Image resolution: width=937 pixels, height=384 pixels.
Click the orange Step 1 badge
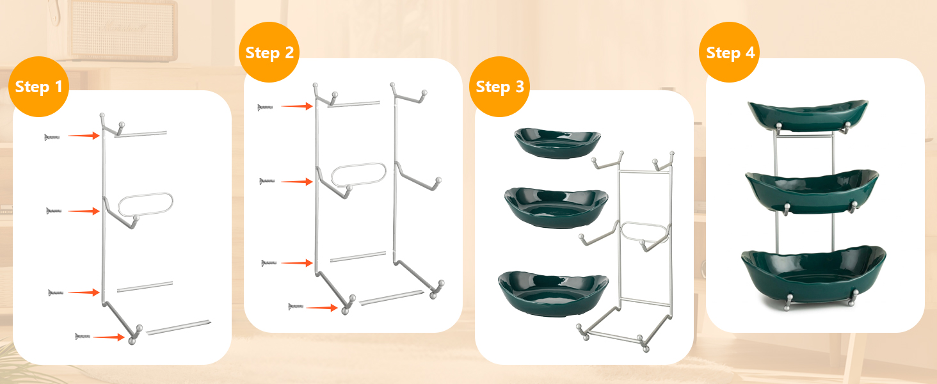click(x=38, y=86)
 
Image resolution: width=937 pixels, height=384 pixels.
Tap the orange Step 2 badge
click(x=269, y=52)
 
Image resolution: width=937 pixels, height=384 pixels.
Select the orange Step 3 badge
click(x=499, y=86)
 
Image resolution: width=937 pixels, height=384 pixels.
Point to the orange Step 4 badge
click(x=730, y=52)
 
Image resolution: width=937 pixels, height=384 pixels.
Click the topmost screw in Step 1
click(x=52, y=137)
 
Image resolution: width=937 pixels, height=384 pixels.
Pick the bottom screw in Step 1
click(x=83, y=336)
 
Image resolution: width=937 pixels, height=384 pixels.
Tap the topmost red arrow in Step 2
click(x=297, y=106)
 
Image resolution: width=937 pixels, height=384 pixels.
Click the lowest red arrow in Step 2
click(x=322, y=308)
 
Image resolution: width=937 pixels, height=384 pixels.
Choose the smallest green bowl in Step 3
click(x=557, y=143)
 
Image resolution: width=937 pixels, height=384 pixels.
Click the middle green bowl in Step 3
click(x=556, y=208)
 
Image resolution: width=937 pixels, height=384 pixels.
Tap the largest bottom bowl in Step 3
click(x=553, y=294)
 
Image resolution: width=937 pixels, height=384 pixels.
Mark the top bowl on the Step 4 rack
click(x=808, y=115)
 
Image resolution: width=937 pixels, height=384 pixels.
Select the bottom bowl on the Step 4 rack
click(x=813, y=276)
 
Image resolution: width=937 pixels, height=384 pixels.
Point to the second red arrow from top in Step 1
click(x=84, y=211)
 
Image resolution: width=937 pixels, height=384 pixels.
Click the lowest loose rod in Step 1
click(x=179, y=328)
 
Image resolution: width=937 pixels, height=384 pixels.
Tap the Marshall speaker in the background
click(x=122, y=29)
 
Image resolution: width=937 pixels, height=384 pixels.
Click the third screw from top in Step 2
click(x=269, y=262)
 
